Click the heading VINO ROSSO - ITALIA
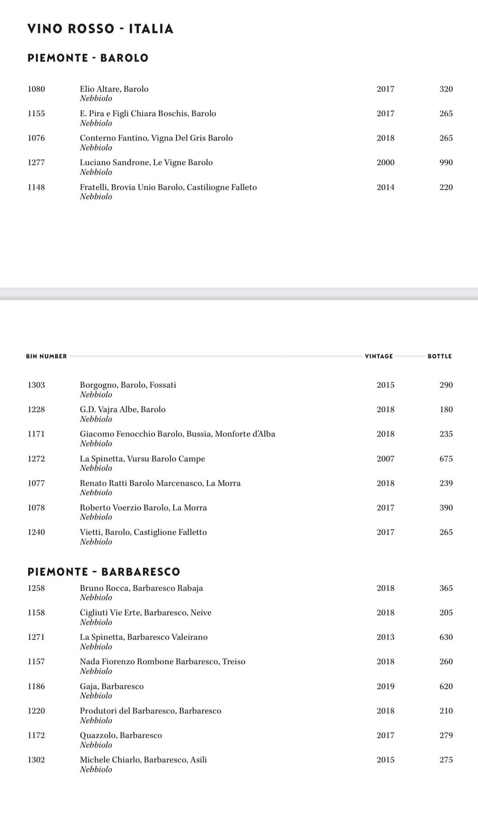[x=100, y=29]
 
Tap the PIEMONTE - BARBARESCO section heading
[x=104, y=571]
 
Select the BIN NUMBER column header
[x=46, y=356]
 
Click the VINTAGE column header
[x=379, y=356]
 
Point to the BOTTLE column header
[x=439, y=356]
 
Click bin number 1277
[x=36, y=163]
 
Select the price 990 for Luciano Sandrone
[x=446, y=163]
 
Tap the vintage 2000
[x=385, y=163]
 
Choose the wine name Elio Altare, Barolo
[x=114, y=89]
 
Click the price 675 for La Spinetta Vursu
[x=446, y=459]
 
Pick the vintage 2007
[x=385, y=459]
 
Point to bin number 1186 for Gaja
[x=36, y=686]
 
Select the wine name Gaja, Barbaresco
[x=112, y=686]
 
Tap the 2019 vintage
[x=385, y=686]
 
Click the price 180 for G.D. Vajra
[x=446, y=410]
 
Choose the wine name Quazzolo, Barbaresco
[x=121, y=735]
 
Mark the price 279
[x=446, y=735]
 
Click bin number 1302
[x=36, y=760]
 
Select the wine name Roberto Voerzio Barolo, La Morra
[x=143, y=508]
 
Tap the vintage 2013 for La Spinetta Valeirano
[x=385, y=637]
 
